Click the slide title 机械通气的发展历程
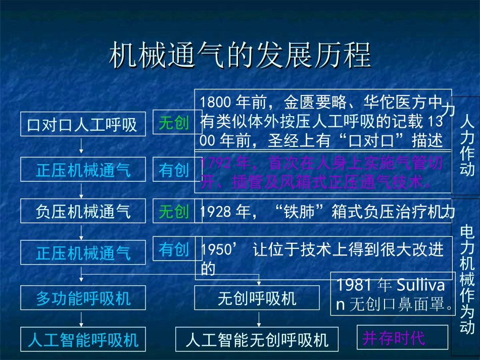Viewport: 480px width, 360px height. pos(240,55)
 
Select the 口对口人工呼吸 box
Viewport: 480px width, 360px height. pos(82,124)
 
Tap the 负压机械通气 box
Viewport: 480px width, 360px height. pos(82,211)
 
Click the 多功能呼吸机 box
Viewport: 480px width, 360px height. pos(82,298)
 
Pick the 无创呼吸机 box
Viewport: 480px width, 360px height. pos(257,298)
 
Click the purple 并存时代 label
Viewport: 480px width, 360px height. pos(394,338)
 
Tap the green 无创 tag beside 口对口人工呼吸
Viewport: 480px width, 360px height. pos(173,122)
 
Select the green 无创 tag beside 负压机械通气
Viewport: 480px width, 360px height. pos(173,211)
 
